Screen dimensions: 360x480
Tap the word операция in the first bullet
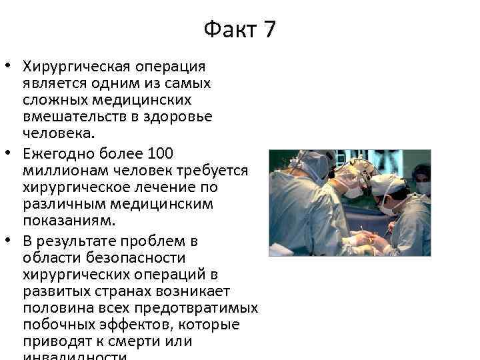pyautogui.click(x=171, y=67)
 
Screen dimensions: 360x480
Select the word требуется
pyautogui.click(x=211, y=171)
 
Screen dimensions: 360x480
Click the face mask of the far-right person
pyautogui.click(x=423, y=187)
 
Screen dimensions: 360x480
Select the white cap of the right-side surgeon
pyautogui.click(x=387, y=183)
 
